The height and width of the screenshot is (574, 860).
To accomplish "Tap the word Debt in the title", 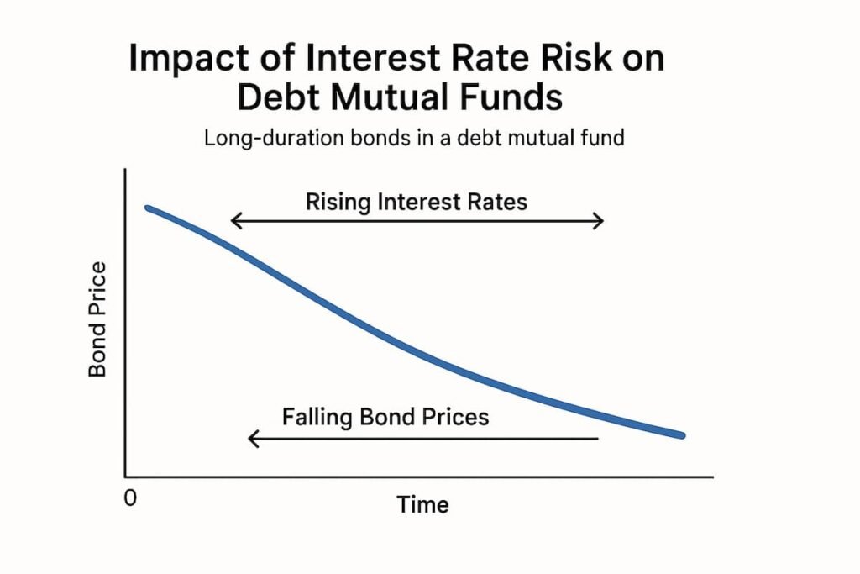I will pos(273,98).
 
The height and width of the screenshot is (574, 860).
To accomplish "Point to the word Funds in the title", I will pos(512,98).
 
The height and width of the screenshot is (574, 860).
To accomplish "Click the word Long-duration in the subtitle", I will pos(257,137).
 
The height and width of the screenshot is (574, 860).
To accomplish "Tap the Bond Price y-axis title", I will pos(97,320).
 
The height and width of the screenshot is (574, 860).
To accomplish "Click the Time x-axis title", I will pos(422,504).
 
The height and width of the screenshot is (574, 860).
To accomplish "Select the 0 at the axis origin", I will pos(130,498).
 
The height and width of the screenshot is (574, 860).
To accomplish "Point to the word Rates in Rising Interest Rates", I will pos(500,202).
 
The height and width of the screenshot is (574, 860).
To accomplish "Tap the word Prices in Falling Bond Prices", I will pos(457,416).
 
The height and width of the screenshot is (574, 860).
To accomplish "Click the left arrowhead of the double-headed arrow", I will pos(235,221).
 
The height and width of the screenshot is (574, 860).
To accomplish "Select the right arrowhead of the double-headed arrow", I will pos(599,221).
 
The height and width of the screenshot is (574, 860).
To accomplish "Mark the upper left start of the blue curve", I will pos(149,208).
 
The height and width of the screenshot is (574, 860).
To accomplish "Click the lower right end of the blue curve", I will pos(682,435).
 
